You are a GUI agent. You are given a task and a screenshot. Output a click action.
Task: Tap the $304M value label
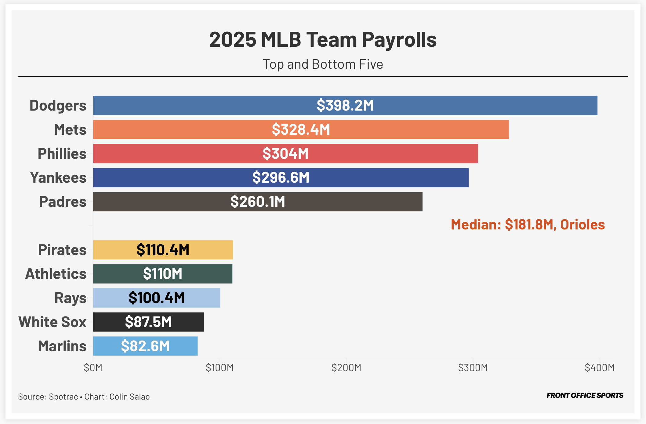(x=285, y=154)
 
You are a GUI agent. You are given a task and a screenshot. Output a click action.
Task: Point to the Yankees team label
(x=58, y=177)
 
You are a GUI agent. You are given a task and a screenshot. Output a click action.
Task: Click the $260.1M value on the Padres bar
(x=258, y=202)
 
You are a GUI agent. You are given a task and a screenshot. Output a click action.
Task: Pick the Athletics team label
(x=56, y=274)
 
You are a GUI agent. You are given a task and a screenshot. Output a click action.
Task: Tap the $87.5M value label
(x=148, y=322)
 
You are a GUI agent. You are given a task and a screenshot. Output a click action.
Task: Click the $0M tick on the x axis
(x=93, y=367)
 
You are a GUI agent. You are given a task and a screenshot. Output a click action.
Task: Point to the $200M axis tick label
(x=346, y=367)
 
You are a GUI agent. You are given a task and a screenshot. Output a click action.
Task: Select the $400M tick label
(x=599, y=367)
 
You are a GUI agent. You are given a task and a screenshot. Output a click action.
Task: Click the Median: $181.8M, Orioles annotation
(x=528, y=225)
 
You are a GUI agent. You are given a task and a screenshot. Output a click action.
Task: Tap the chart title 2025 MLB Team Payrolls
(x=323, y=40)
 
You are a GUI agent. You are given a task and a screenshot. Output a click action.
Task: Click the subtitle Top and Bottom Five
(x=323, y=64)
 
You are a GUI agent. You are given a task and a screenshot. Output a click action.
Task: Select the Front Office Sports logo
(x=585, y=395)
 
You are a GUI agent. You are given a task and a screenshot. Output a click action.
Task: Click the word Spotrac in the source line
(x=64, y=397)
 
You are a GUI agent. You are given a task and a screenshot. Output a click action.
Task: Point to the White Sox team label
(x=53, y=322)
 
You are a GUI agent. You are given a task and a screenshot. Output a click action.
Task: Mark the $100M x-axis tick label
(x=220, y=367)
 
